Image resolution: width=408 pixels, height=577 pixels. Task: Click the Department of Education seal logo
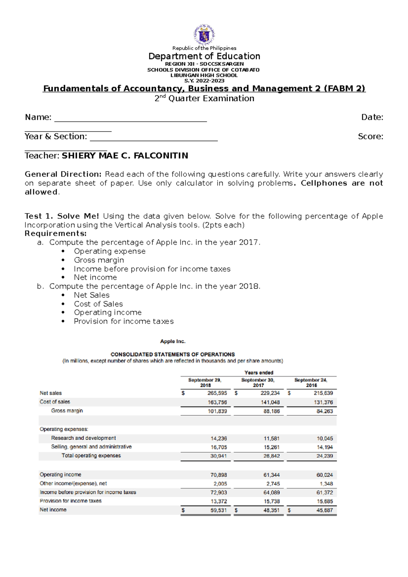click(204, 34)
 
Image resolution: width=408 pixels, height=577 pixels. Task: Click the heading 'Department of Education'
click(204, 56)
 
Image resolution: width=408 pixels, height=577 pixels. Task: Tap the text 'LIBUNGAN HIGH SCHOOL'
click(204, 75)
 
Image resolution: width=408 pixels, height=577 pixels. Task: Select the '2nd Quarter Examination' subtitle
click(204, 99)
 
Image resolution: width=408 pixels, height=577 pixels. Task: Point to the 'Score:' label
click(370, 137)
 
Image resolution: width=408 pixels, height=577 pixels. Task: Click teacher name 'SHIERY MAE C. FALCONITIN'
click(125, 156)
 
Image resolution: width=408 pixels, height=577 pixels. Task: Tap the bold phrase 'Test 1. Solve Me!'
click(62, 216)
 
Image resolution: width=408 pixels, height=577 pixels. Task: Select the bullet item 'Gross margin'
click(99, 260)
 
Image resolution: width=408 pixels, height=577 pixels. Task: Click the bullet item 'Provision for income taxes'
click(123, 321)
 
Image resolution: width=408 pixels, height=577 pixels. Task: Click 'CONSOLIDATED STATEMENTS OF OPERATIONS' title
click(172, 354)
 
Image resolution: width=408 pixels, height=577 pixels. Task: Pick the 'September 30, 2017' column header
click(258, 382)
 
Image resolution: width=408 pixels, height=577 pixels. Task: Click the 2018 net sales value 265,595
click(217, 393)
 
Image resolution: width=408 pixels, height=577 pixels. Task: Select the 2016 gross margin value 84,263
click(324, 411)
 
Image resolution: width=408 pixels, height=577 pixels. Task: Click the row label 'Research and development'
click(83, 438)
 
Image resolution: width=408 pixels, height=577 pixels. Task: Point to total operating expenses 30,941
click(218, 456)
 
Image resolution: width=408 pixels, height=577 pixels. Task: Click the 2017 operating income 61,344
click(271, 475)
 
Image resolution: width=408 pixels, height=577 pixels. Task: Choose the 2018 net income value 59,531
click(218, 510)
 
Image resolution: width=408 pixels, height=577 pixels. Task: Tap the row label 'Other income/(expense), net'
click(73, 483)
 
